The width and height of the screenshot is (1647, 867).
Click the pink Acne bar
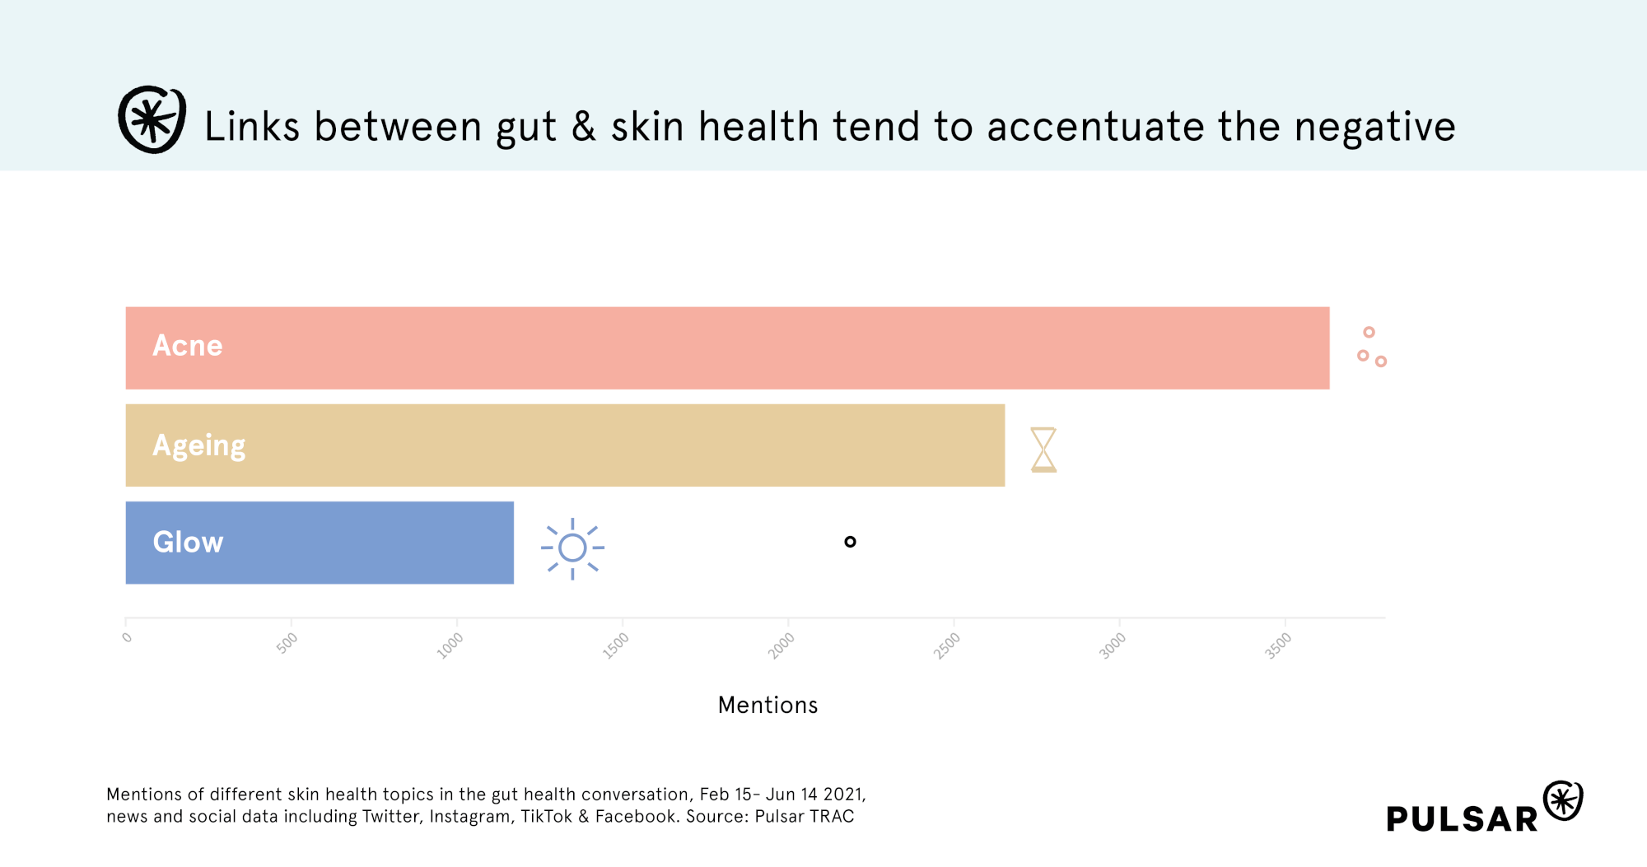pos(727,347)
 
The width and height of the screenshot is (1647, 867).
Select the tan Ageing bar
pos(565,445)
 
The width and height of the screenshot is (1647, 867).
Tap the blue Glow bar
pos(320,543)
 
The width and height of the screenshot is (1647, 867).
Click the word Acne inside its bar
pos(188,346)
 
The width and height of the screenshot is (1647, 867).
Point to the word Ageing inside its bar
pos(199,446)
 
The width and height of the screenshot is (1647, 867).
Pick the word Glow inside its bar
pos(188,543)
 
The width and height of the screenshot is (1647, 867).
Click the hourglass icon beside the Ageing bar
pos(1043,450)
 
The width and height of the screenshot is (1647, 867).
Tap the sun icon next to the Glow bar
pos(572,548)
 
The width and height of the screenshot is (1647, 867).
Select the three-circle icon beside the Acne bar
pos(1372,347)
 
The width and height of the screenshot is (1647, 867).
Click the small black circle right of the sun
pos(850,542)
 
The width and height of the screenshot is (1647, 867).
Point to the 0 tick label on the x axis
pos(127,637)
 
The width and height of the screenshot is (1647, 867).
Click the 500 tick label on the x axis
pos(287,643)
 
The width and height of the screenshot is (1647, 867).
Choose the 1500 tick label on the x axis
pos(615,646)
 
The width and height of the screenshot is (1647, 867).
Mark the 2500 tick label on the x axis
pos(947,646)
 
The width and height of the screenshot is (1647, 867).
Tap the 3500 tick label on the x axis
pos(1278,646)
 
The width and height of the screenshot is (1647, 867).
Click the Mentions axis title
pos(768,705)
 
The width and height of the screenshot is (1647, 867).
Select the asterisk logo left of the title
pos(152,119)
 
